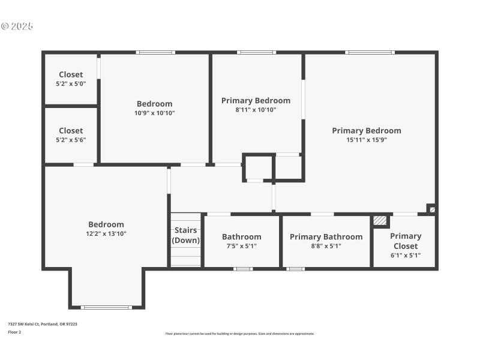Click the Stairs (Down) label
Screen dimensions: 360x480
186,235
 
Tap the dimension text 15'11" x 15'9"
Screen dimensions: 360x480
367,140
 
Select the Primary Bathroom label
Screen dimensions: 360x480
326,236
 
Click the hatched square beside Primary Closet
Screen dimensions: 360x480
380,221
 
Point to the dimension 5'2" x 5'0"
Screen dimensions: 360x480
71,84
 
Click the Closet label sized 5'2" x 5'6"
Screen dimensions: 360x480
71,130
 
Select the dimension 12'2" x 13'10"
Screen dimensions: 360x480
106,233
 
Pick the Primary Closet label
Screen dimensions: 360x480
406,241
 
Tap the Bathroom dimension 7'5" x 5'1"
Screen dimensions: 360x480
242,245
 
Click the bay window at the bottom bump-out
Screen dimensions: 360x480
106,307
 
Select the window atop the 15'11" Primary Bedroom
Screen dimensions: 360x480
370,53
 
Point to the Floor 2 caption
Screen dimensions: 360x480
14,332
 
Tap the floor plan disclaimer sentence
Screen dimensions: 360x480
239,334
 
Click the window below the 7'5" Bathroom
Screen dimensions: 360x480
242,269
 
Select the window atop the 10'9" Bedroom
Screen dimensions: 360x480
155,53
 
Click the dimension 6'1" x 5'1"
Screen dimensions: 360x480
405,255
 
